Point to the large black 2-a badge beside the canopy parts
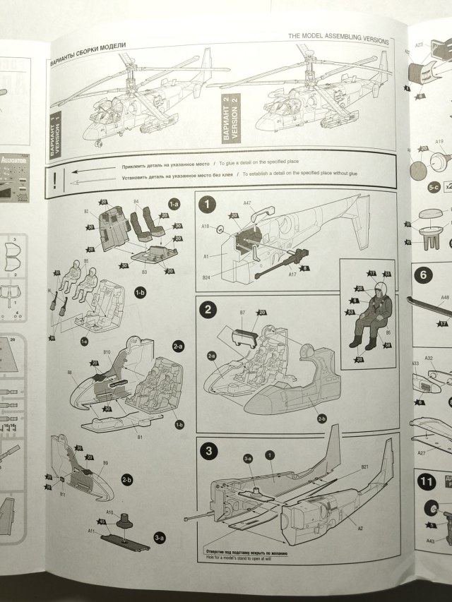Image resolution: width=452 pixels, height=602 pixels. (178, 346)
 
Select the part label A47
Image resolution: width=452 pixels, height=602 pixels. (247, 203)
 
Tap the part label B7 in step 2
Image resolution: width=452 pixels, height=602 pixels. (242, 312)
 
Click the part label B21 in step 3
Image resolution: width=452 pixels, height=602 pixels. (365, 467)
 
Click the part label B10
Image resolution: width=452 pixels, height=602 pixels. (107, 351)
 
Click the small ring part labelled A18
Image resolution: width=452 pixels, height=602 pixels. (221, 229)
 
